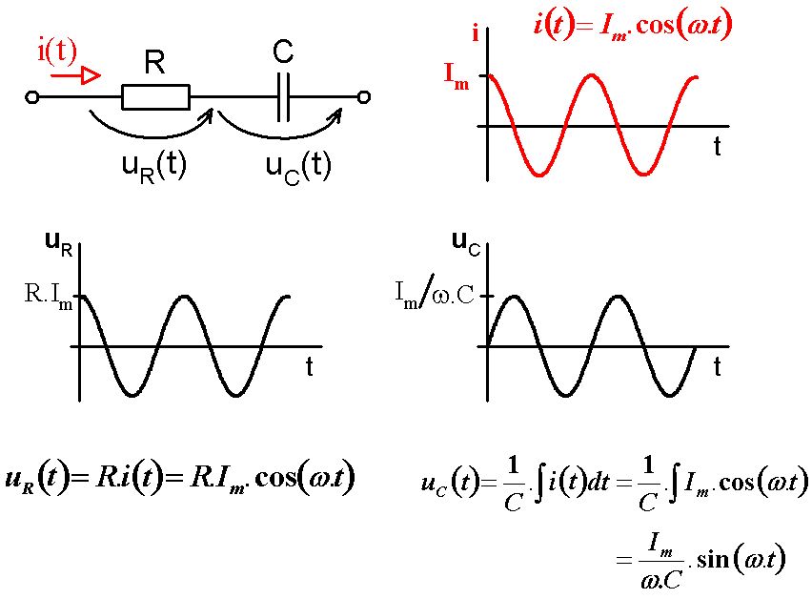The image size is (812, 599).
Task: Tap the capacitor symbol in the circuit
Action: (x=283, y=97)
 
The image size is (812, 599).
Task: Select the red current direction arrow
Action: (x=75, y=76)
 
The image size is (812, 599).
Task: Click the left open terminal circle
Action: (x=32, y=97)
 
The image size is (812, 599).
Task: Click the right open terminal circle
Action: (x=364, y=97)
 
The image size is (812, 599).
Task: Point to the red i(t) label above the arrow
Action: (x=57, y=52)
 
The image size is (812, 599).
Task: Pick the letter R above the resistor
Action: (x=154, y=62)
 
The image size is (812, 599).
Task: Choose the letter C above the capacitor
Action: (x=283, y=52)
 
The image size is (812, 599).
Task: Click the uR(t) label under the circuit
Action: (x=153, y=166)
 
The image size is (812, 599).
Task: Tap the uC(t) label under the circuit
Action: (x=297, y=167)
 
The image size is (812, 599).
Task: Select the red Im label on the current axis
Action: (x=457, y=75)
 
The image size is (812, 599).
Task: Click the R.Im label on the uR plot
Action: (x=49, y=296)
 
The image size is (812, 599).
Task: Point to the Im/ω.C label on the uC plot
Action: (x=435, y=296)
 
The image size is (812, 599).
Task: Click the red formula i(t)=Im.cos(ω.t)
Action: (x=632, y=26)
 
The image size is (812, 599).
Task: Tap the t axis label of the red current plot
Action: (x=718, y=147)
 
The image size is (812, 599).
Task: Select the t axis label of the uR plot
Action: (x=309, y=366)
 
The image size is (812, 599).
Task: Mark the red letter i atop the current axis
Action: (x=476, y=33)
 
